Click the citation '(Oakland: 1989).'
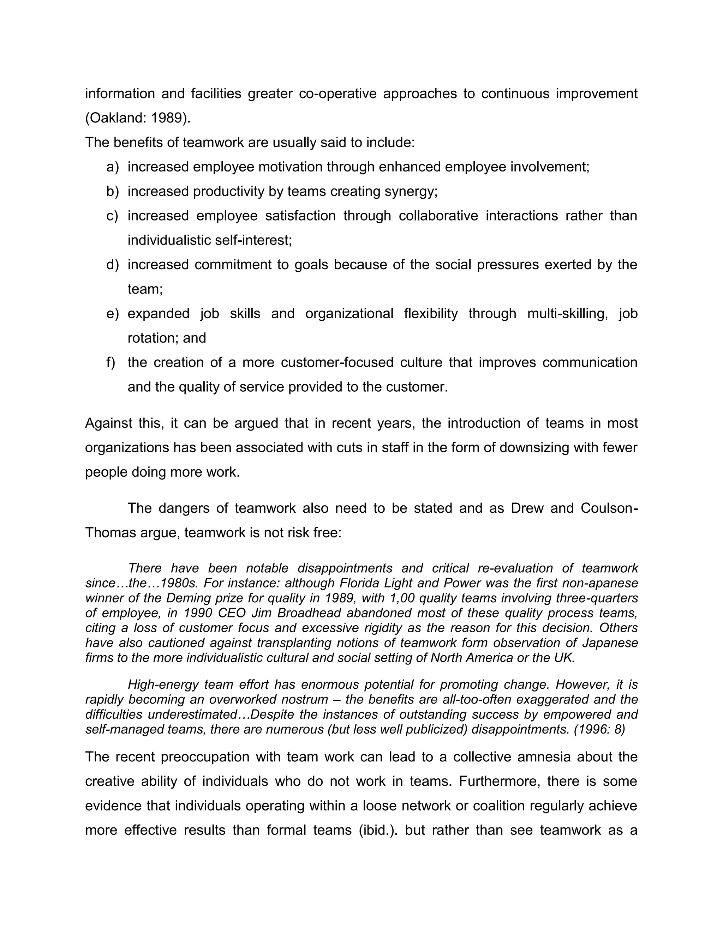137,118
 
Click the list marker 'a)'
112,167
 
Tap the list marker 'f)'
111,362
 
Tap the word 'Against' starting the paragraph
108,423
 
